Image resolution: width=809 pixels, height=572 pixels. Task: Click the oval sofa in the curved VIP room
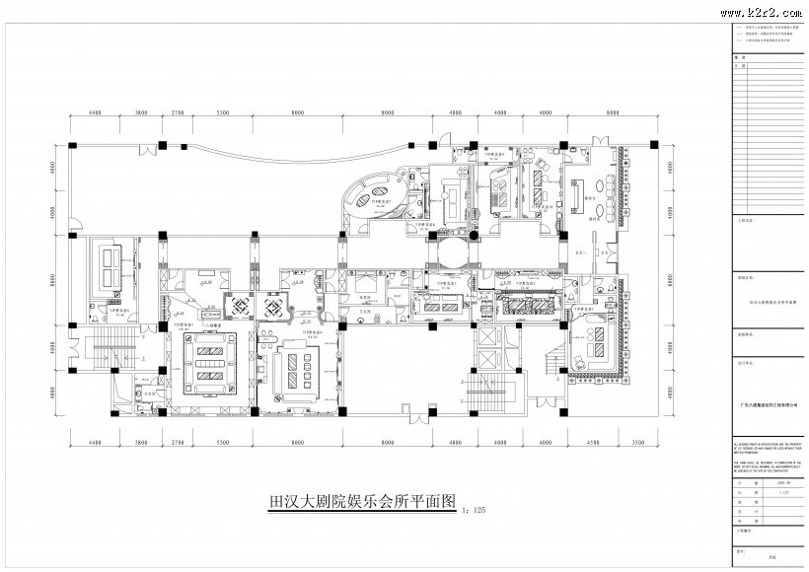click(x=375, y=193)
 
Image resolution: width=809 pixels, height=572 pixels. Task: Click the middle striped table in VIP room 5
click(x=207, y=360)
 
